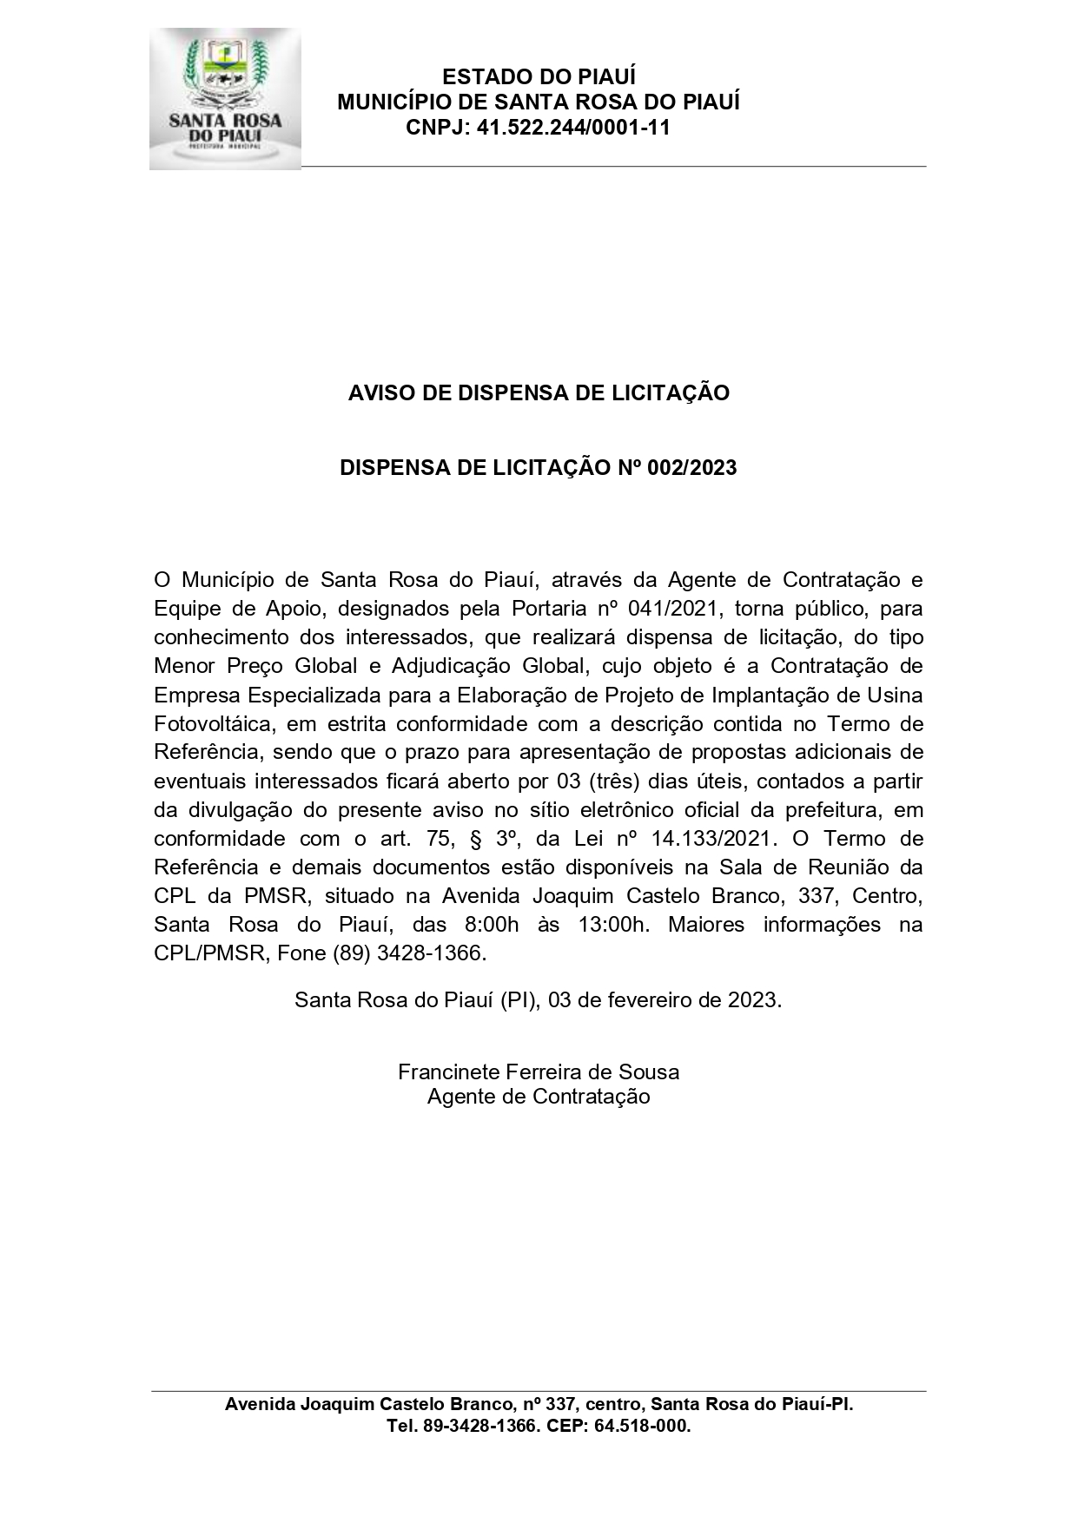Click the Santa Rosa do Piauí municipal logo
click(x=225, y=99)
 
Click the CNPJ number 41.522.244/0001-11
click(x=574, y=128)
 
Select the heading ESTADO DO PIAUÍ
click(x=539, y=77)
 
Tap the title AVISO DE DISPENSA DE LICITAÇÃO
click(x=539, y=393)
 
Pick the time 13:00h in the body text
click(x=613, y=925)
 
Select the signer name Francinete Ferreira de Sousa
click(x=539, y=1072)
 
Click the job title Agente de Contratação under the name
click(x=539, y=1097)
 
